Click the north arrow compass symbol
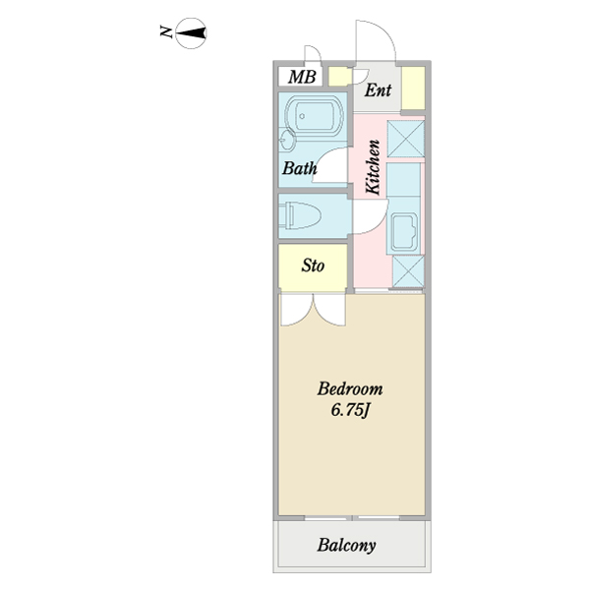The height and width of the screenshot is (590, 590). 191,33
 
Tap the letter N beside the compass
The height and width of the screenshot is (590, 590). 166,31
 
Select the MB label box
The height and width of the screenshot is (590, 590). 300,77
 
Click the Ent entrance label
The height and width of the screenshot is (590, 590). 378,90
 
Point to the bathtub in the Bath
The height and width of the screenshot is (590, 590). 315,116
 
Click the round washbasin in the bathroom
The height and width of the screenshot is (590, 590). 288,141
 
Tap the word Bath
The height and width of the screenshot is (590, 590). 300,168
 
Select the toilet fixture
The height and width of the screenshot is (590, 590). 300,215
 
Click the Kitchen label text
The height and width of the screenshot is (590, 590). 373,167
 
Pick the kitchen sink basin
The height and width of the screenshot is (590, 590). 404,232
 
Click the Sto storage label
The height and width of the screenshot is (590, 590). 313,265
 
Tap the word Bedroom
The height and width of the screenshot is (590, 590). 350,389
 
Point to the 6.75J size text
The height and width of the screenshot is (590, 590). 351,410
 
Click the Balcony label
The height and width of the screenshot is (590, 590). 346,545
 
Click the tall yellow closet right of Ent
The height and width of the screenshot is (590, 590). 413,88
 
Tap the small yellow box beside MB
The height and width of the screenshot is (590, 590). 340,77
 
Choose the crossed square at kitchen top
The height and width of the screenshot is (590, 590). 405,139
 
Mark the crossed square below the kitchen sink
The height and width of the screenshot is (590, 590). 408,271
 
